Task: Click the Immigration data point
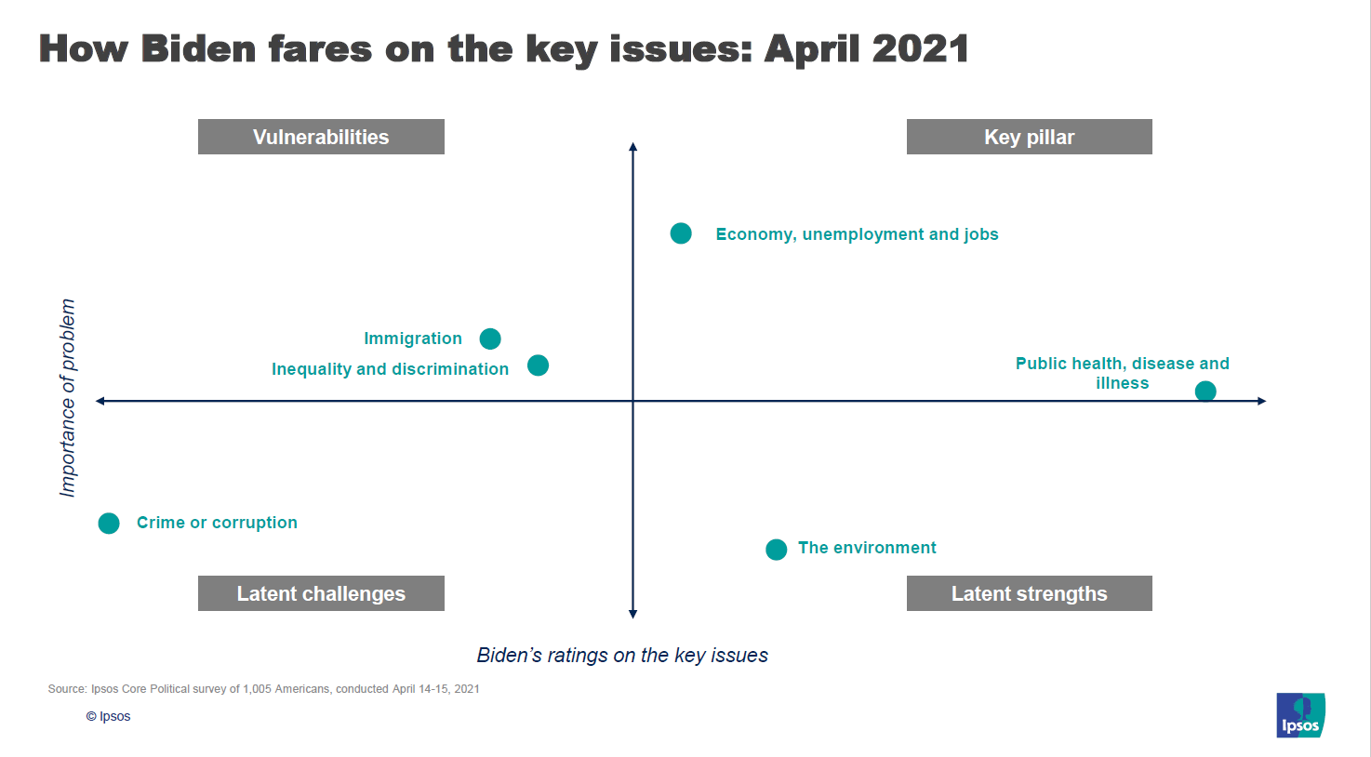490,339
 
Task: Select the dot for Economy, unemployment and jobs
681,233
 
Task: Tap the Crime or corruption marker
109,524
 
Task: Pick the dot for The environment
776,549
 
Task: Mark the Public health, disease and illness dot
1205,391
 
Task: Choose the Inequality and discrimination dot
538,365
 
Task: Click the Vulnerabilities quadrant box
321,137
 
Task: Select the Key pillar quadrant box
1030,137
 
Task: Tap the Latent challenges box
321,593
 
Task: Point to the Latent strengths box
1030,593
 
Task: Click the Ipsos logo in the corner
1300,715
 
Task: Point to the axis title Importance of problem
68,398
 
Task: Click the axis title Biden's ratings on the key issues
622,655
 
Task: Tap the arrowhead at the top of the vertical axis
632,146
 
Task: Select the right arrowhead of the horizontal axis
1262,401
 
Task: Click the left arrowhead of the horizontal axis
100,401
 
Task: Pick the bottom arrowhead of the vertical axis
632,615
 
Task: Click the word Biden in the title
198,48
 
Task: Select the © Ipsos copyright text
108,716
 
